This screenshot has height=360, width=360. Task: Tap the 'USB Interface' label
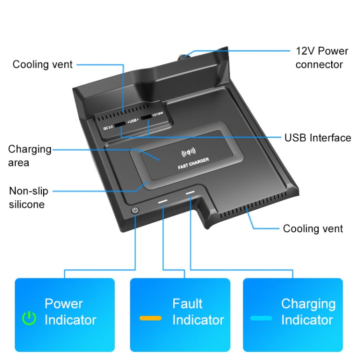coord(318,138)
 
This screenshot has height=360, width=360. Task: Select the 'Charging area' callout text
coord(29,156)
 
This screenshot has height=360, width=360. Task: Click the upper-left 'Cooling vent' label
coord(42,64)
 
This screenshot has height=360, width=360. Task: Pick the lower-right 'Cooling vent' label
coord(313,228)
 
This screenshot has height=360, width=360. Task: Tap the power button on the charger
coord(135,211)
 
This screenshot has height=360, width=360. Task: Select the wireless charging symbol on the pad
coord(188,153)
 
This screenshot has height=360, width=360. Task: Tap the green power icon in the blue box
coord(30,318)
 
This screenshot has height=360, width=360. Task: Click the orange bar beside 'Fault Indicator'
coord(150,318)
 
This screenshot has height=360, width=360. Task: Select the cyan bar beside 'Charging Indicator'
coord(261,318)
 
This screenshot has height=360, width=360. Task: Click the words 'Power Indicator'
coord(70,312)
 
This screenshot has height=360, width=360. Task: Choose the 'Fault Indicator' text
coord(198,312)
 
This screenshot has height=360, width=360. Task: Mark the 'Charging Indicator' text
coord(308,312)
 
